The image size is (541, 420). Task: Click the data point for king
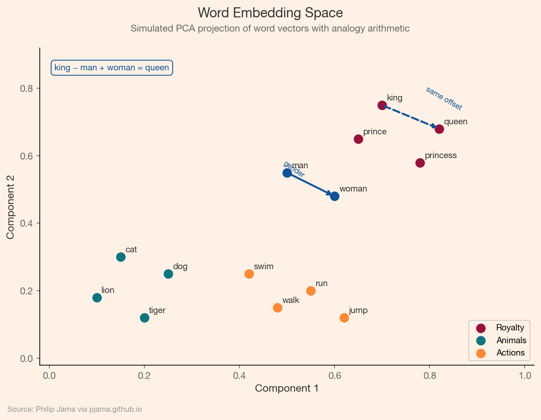[x=382, y=105]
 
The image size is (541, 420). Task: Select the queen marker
[x=439, y=129]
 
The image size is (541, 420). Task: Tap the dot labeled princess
[x=420, y=163]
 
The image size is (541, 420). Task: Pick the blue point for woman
[x=334, y=196]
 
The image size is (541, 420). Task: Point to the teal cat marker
[x=121, y=257]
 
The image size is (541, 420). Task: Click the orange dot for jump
[x=344, y=318]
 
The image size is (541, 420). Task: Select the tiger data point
[x=144, y=318]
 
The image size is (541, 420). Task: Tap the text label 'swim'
[x=263, y=266]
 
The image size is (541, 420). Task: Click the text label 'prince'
[x=375, y=132]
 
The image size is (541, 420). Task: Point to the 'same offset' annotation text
[x=444, y=98]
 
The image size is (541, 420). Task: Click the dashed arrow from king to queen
[x=410, y=117]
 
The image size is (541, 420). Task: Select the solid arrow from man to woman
[x=311, y=184]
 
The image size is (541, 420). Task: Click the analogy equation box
[x=111, y=68]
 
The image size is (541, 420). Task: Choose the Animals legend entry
[x=511, y=340]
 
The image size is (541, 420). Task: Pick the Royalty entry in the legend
[x=509, y=328]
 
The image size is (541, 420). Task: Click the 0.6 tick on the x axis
[x=334, y=375]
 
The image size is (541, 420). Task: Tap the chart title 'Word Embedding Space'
[x=270, y=12]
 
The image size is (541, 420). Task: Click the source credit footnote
[x=74, y=409]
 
